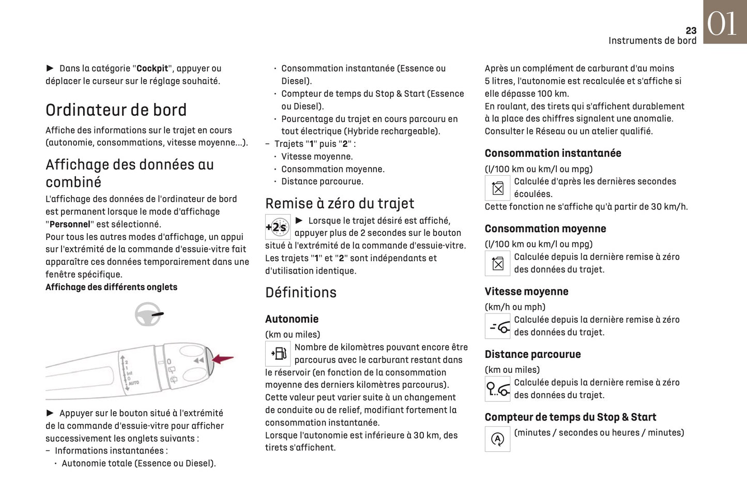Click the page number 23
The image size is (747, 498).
click(691, 31)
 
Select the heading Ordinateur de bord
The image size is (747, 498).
click(116, 110)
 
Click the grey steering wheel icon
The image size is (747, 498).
click(148, 314)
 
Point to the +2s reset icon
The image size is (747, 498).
click(277, 227)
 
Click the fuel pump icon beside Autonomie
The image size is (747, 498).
click(278, 354)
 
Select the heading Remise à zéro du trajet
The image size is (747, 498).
click(340, 203)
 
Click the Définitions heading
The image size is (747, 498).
click(300, 293)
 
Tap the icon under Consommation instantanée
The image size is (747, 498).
click(497, 188)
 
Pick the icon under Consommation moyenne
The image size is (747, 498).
click(497, 264)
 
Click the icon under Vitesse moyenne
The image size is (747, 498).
click(497, 327)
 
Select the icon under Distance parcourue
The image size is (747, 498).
click(497, 389)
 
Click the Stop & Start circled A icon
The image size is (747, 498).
click(497, 440)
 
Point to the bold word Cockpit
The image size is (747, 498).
click(152, 68)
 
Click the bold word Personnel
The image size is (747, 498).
click(70, 224)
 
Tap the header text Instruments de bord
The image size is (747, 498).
click(652, 41)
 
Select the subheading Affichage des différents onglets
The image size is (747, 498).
click(111, 287)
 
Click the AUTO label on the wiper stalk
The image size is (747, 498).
click(133, 383)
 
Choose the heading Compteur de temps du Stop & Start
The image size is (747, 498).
click(570, 417)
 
